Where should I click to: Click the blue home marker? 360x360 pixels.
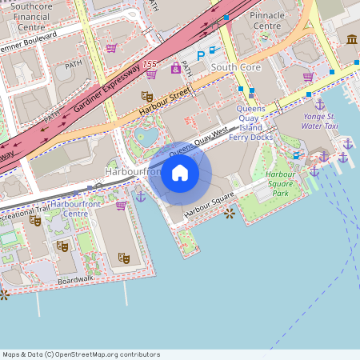[x=180, y=173]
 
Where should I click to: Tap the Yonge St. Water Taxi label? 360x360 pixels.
[x=320, y=121]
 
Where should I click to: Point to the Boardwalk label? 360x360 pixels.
[x=75, y=280]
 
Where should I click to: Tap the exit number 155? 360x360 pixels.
[x=149, y=63]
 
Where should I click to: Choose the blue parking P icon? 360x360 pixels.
[x=200, y=56]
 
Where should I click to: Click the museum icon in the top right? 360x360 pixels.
[x=352, y=39]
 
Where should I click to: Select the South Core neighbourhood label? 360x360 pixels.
[x=236, y=68]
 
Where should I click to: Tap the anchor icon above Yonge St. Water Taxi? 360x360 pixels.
[x=319, y=104]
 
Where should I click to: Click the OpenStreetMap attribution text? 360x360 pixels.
[x=81, y=354]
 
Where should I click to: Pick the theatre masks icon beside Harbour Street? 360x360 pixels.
[x=146, y=96]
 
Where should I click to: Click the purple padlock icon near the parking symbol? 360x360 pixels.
[x=175, y=67]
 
